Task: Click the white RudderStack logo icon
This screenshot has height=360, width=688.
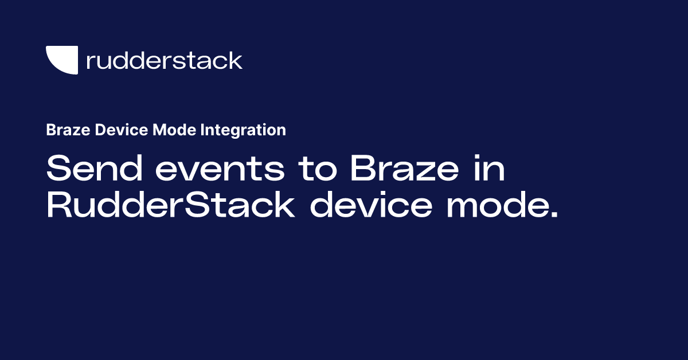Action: [x=61, y=59]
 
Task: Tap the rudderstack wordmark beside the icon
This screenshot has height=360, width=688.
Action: [x=164, y=60]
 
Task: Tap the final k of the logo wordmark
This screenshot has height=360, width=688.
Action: [x=235, y=60]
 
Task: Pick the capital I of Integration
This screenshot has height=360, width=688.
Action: [x=204, y=130]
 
